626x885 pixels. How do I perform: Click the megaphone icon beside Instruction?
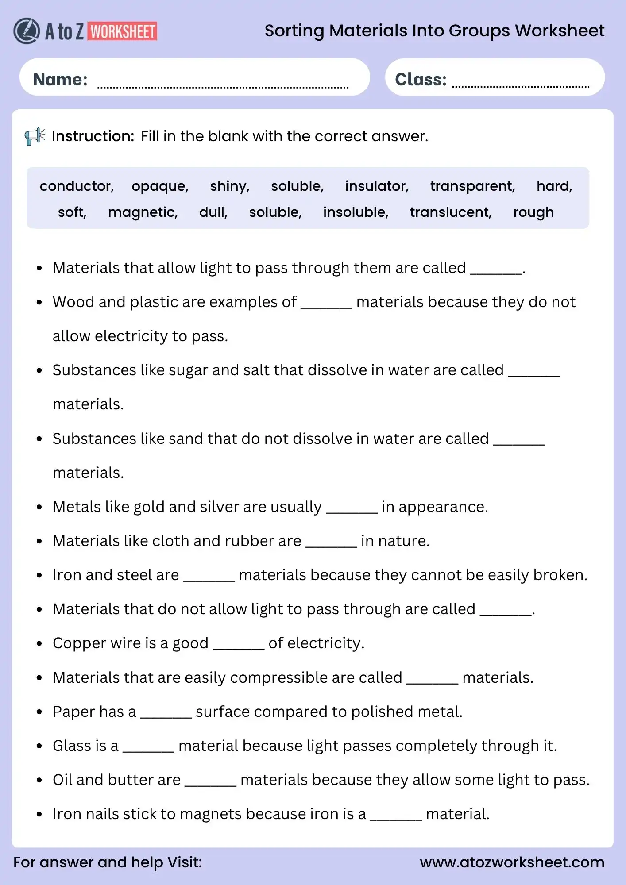click(35, 136)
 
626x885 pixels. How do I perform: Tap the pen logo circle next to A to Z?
click(27, 31)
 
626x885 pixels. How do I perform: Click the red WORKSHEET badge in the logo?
click(123, 31)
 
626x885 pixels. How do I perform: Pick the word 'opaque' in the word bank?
click(159, 186)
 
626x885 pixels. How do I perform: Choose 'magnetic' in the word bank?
click(142, 212)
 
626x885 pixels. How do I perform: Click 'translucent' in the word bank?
click(450, 212)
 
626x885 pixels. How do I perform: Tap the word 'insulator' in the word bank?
click(376, 186)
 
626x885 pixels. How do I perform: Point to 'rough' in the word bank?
click(533, 212)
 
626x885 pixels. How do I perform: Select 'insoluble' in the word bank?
click(355, 212)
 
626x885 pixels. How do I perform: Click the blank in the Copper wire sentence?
click(238, 647)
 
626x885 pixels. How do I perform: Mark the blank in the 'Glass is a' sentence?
click(148, 750)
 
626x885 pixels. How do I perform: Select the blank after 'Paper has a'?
click(166, 716)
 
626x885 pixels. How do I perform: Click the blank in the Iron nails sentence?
click(396, 818)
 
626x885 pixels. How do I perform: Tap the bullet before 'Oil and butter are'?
click(39, 780)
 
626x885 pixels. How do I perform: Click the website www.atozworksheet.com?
click(512, 862)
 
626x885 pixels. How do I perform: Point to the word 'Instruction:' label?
click(93, 136)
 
